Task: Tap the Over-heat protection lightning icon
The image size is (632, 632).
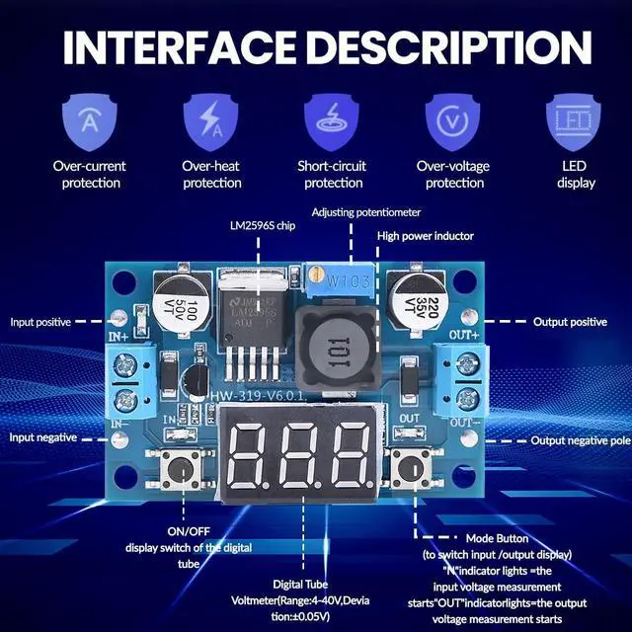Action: pos(211,121)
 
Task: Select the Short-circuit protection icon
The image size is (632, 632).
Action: pos(333,121)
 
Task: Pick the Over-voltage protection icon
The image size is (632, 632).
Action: pos(453,121)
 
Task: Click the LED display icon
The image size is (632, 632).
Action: pos(576,121)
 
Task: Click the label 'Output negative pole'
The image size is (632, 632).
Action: pos(580,440)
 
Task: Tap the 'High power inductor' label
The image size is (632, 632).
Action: pos(426,236)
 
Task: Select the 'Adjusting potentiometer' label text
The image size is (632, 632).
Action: pos(365,212)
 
